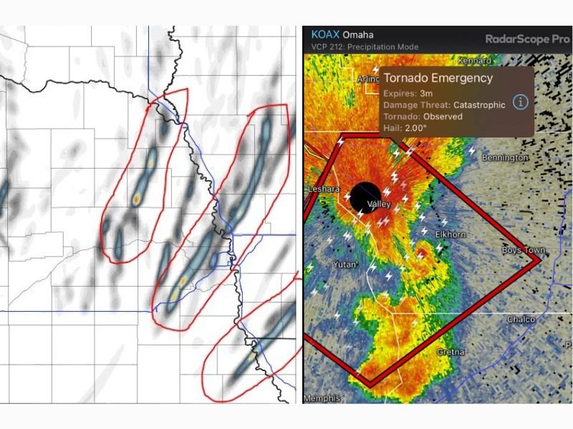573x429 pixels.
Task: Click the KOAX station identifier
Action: [324, 35]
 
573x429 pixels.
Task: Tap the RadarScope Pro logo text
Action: [527, 39]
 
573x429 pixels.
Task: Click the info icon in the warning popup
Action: [521, 102]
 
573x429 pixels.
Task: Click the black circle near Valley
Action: [365, 196]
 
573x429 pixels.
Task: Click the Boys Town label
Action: [523, 251]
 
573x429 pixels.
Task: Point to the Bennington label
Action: [505, 157]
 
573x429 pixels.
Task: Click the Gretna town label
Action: [452, 352]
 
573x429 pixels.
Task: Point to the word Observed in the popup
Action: [443, 116]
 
